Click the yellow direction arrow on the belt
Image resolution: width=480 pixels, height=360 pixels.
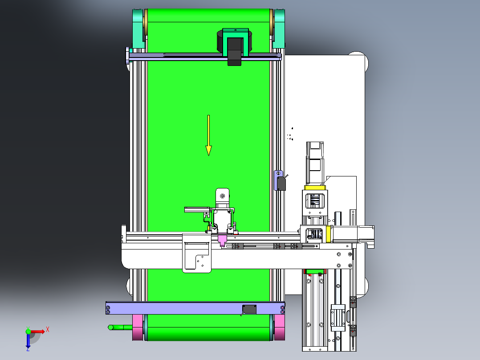coord(208,135)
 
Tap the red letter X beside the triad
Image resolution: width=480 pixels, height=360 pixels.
coord(48,330)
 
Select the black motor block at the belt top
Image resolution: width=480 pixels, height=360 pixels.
coord(234,52)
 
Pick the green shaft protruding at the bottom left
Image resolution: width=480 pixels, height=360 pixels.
coord(120,327)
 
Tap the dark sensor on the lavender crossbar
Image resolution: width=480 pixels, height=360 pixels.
coord(249,309)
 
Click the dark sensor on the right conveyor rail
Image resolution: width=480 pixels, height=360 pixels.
coord(281,183)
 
